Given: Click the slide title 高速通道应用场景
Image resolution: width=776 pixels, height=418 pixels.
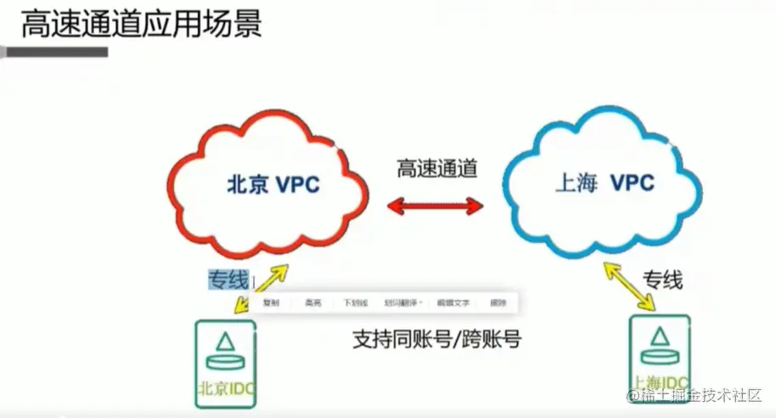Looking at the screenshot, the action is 141,23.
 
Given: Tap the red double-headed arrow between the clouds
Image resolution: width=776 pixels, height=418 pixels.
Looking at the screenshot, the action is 436,204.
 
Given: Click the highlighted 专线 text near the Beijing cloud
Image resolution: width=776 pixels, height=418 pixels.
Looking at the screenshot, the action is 228,278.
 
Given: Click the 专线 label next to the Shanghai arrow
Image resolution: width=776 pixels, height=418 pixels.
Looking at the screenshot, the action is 662,280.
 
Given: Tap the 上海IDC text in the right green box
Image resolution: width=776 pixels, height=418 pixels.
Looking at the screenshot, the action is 660,381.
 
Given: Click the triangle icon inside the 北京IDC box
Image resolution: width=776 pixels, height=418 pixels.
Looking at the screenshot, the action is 225,342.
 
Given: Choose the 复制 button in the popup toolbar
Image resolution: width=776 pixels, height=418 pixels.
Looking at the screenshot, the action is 271,302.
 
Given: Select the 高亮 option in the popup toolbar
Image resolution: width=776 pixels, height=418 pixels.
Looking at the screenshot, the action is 313,302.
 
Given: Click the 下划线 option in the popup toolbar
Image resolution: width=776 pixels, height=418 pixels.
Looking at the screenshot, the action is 354,302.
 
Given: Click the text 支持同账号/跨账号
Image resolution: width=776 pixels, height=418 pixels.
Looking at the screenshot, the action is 436,340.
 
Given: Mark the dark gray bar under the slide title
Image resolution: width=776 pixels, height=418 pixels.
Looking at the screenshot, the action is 54,52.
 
